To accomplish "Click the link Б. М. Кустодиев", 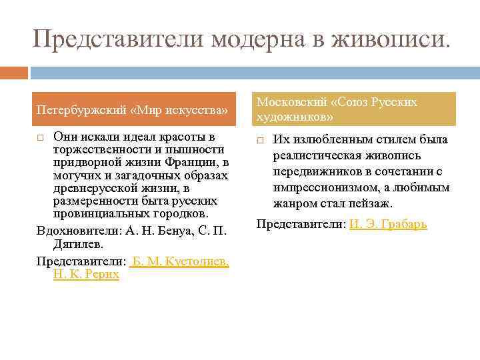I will coord(181,262).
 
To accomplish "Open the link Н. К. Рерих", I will coord(86,274).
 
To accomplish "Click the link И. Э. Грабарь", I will coord(388,224).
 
